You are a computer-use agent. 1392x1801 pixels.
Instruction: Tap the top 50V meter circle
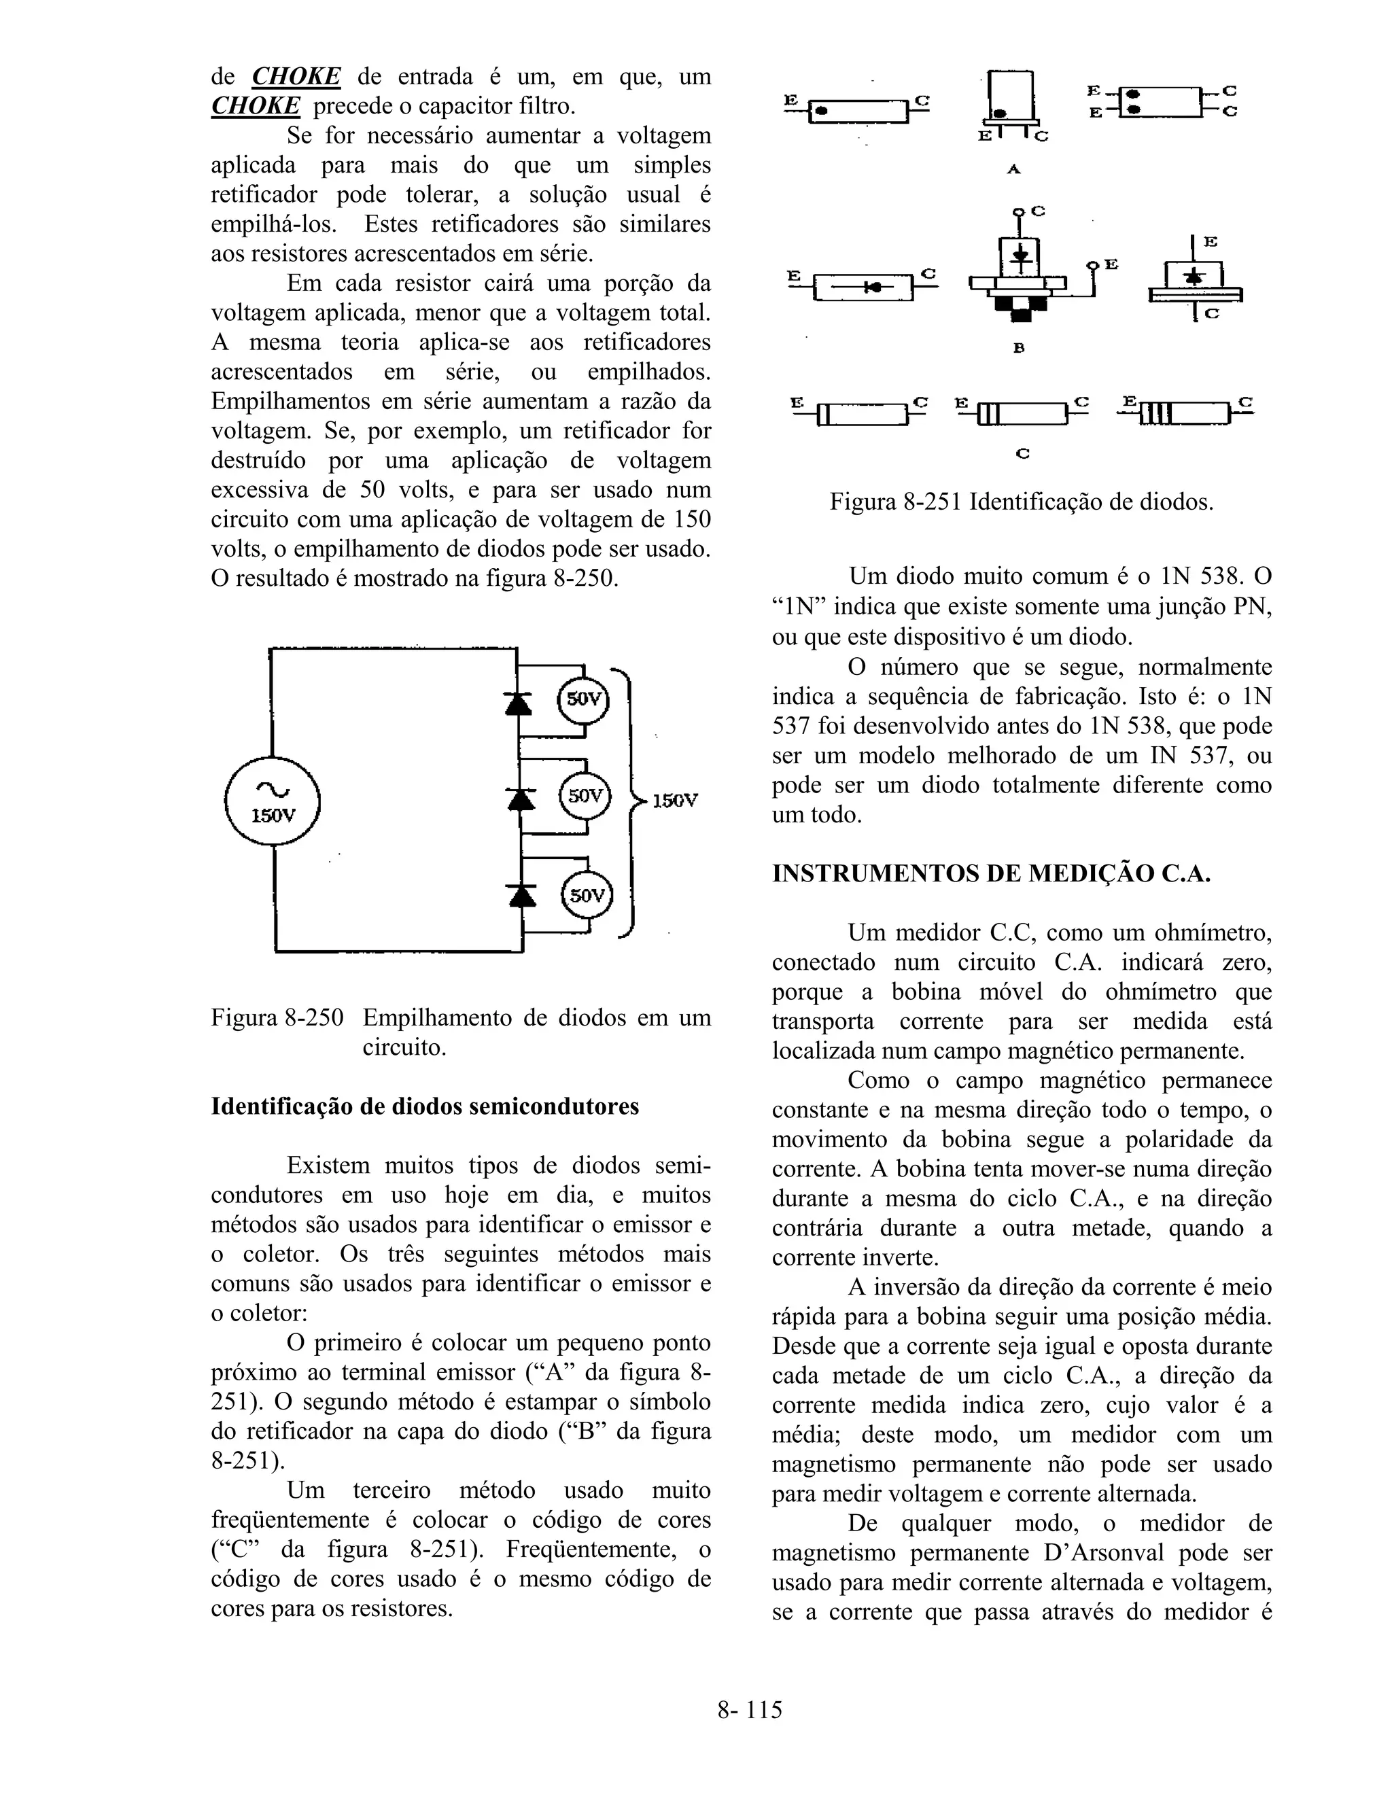(584, 699)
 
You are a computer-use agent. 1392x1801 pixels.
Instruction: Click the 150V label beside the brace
(674, 800)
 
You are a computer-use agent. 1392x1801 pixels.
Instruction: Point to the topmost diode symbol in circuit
(518, 703)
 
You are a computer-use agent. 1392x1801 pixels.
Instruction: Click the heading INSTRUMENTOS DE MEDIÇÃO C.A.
(991, 874)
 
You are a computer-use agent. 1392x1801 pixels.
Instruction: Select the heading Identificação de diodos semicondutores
(425, 1106)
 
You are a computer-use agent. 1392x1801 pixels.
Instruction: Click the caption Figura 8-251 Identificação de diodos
(1021, 502)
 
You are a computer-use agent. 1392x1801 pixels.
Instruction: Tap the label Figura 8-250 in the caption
(277, 1017)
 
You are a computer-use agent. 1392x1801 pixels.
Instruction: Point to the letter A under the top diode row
(1013, 169)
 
